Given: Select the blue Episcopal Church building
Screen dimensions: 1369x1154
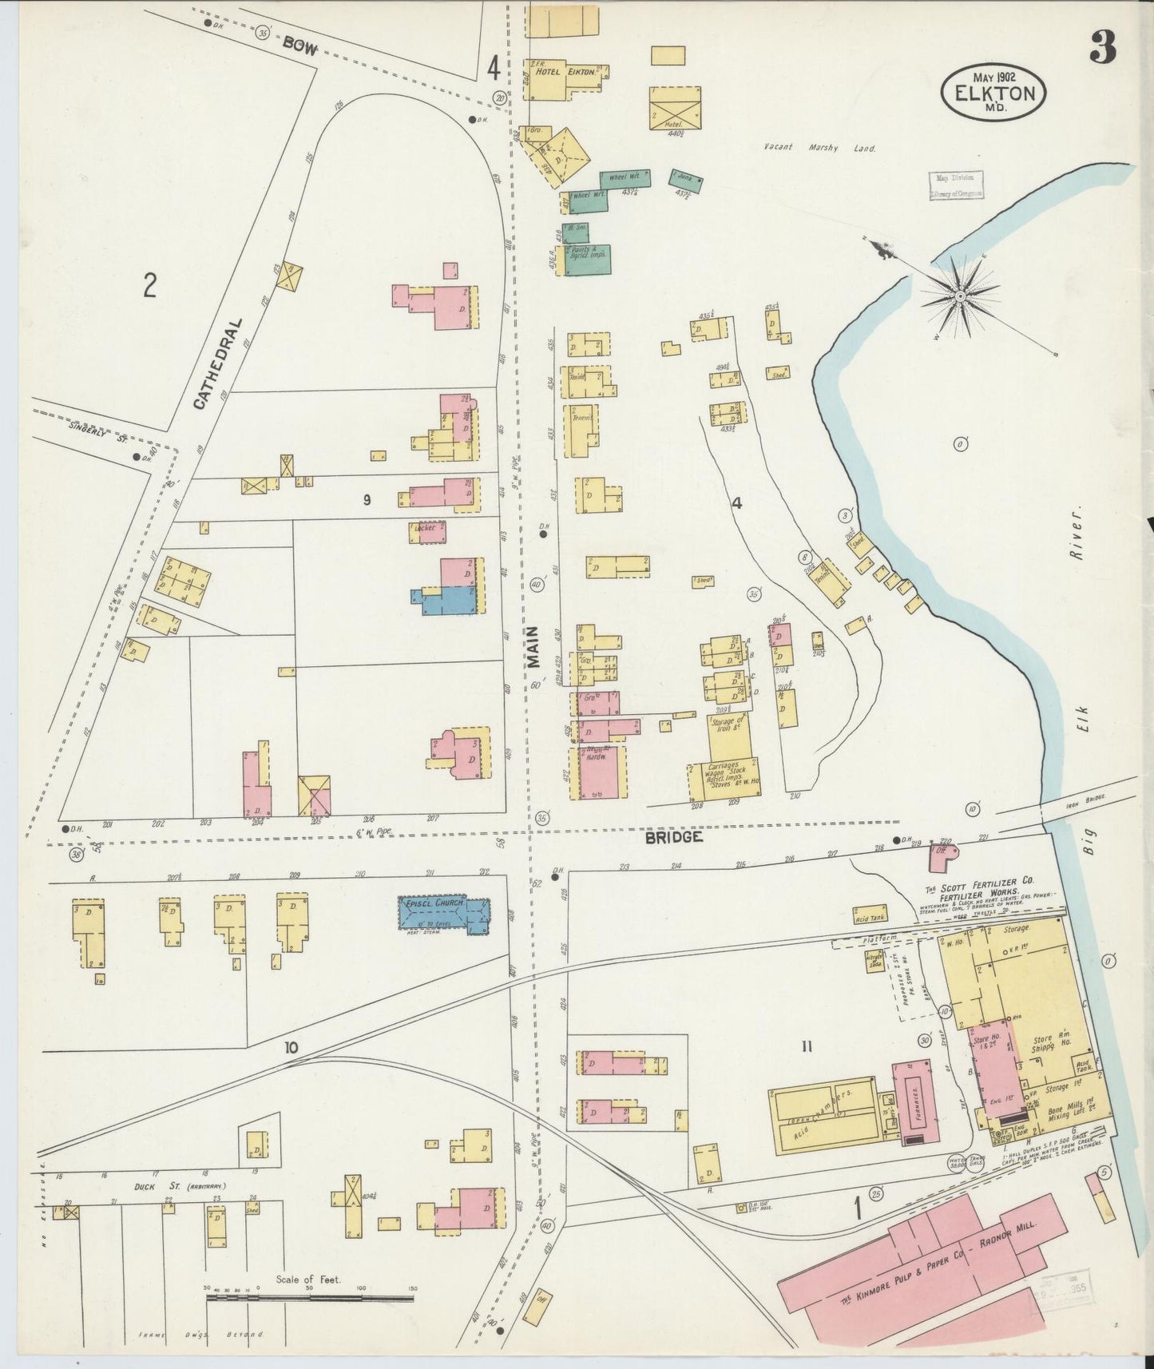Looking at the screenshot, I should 444,915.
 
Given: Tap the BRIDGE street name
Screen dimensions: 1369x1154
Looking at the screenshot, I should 674,837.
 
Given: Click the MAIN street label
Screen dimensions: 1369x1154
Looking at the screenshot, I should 533,645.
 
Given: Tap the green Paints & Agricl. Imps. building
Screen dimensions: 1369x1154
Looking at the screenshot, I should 589,260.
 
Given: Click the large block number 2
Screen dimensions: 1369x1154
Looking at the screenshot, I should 149,284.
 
